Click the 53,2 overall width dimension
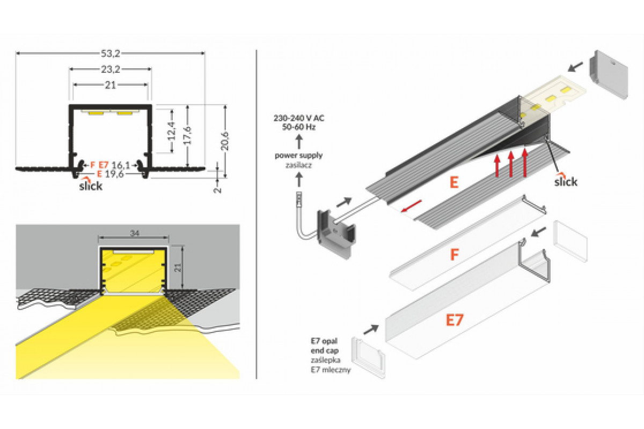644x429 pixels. pos(110,53)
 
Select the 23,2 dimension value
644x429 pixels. pos(110,69)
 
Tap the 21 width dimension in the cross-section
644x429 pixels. pos(111,85)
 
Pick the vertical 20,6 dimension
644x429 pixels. pos(225,140)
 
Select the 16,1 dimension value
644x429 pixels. pos(121,165)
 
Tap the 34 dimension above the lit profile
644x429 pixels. pos(133,233)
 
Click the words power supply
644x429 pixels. pos(298,156)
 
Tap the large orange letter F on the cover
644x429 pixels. pos(455,254)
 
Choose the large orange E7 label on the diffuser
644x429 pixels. pos(455,320)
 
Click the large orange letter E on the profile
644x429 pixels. pos(454,182)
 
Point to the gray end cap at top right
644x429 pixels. pos(609,75)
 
